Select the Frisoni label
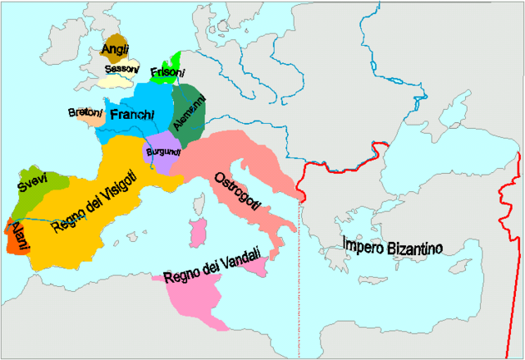[168, 72]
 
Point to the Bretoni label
[85, 112]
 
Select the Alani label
[17, 235]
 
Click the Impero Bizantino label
[393, 245]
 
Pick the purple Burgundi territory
[164, 161]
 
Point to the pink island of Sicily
[257, 268]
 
